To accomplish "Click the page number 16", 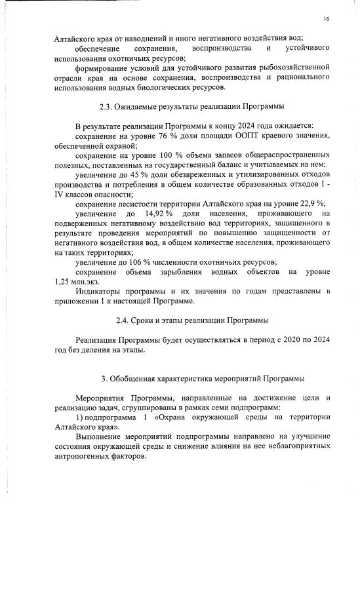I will point(326,18).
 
